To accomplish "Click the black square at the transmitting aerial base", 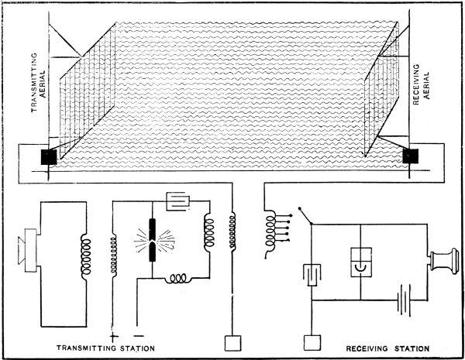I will coord(48,156).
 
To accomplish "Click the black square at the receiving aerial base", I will coord(410,157).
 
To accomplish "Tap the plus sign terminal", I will coord(115,335).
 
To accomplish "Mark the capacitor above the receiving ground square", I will coord(312,276).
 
